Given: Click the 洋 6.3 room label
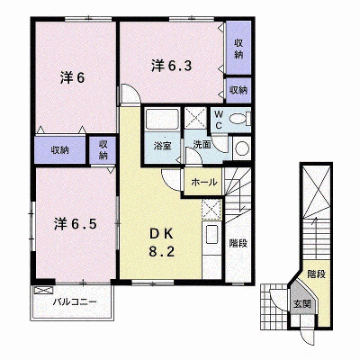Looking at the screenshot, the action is pyautogui.click(x=171, y=66).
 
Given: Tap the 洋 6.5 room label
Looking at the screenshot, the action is pyautogui.click(x=76, y=224).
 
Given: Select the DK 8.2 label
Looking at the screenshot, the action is pyautogui.click(x=161, y=243).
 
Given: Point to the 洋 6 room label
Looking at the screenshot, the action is pyautogui.click(x=72, y=78).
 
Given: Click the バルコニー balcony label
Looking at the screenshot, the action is pyautogui.click(x=75, y=301).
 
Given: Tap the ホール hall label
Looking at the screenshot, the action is pyautogui.click(x=203, y=182).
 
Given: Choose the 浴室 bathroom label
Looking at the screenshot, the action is pyautogui.click(x=162, y=146).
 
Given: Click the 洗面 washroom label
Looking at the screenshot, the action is pyautogui.click(x=202, y=145).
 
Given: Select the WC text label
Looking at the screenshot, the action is pyautogui.click(x=219, y=120).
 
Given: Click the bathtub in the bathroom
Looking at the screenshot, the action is pyautogui.click(x=162, y=120).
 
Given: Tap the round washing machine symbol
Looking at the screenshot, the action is pyautogui.click(x=241, y=148).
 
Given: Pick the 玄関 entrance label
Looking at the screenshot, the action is pyautogui.click(x=302, y=304).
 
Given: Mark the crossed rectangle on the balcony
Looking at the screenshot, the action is pyautogui.click(x=43, y=291).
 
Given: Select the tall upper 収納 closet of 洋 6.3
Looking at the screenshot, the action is pyautogui.click(x=238, y=48).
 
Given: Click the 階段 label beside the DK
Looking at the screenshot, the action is pyautogui.click(x=238, y=243).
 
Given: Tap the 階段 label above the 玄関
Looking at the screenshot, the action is pyautogui.click(x=316, y=274).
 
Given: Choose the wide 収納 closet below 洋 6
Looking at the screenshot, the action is pyautogui.click(x=60, y=150).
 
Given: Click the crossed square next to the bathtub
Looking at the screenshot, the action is pyautogui.click(x=195, y=118).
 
